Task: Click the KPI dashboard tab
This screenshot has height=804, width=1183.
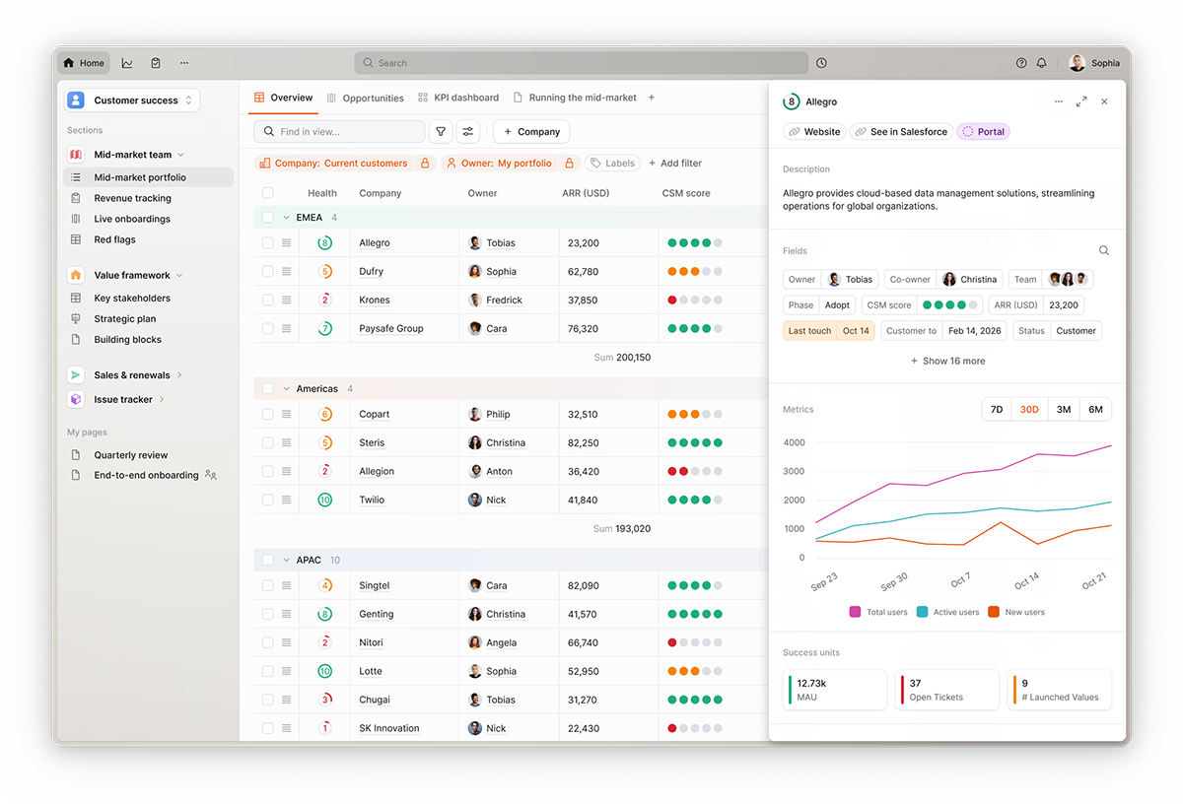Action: pos(458,98)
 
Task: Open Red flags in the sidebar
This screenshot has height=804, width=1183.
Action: pos(114,239)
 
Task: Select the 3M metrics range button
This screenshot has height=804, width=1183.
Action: pos(1063,409)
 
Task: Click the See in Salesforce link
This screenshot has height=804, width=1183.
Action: pos(900,131)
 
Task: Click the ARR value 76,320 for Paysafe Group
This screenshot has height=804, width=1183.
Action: pos(583,328)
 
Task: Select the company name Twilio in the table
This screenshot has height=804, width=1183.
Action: pos(372,500)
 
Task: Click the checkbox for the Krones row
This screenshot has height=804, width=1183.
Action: pos(267,300)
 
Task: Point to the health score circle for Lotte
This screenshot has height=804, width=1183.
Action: pos(324,671)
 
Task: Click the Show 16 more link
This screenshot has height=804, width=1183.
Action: pos(947,361)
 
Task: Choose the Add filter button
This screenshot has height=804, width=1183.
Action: pos(675,164)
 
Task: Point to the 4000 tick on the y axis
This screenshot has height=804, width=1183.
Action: pos(794,442)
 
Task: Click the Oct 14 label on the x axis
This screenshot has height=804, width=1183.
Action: pos(1026,580)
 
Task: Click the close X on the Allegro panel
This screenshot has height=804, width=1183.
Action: pos(1104,101)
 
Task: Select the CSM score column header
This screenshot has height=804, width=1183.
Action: pos(686,193)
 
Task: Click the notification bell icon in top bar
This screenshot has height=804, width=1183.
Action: pos(1042,63)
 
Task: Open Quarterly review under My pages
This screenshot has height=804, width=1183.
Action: pos(130,455)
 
